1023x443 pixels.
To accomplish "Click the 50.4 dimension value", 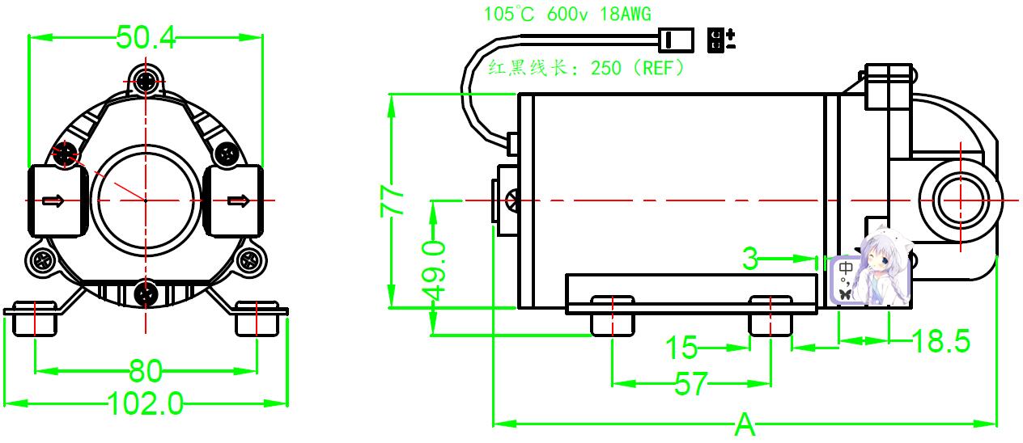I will (146, 37).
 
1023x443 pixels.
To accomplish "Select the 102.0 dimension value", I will (146, 402).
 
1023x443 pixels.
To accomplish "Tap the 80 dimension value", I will (146, 371).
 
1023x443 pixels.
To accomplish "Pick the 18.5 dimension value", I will (940, 341).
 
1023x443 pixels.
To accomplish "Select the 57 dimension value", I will (690, 384).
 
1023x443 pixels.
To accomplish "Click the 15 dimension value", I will (681, 348).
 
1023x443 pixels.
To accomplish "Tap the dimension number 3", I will (750, 259).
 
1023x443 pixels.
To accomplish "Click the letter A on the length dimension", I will (745, 424).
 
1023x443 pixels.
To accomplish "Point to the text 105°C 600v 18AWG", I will (567, 14).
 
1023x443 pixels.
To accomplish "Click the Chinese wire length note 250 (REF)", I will (588, 68).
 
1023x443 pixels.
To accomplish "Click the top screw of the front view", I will (146, 80).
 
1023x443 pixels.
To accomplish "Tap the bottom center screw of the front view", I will (146, 295).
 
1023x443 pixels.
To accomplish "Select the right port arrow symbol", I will (237, 200).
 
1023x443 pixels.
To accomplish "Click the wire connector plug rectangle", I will (677, 38).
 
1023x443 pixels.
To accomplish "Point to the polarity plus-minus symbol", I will (721, 40).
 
